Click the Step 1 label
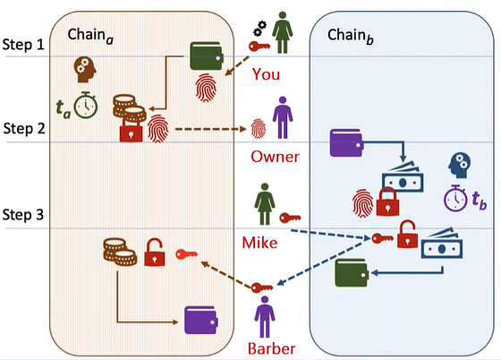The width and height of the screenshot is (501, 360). click(23, 45)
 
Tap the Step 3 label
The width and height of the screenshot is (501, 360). click(23, 215)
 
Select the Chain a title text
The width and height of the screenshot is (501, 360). click(90, 36)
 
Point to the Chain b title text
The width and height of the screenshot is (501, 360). click(351, 36)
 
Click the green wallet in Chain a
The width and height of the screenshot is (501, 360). click(207, 56)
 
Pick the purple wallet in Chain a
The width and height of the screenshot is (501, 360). click(201, 321)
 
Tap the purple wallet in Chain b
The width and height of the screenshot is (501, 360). click(346, 143)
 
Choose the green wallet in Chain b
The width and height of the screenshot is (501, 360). click(352, 273)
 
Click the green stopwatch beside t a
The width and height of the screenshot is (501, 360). click(86, 106)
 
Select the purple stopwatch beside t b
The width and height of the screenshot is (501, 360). click(456, 198)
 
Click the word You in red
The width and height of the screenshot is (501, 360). click(266, 74)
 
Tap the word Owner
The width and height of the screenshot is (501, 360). click(275, 157)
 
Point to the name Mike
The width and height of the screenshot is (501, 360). click(259, 243)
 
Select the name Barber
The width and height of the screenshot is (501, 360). click(272, 348)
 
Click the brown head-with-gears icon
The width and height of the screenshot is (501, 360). click(85, 70)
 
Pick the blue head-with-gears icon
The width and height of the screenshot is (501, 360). click(459, 166)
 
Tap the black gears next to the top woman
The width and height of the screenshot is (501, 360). click(259, 29)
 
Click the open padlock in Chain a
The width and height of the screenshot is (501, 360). click(155, 253)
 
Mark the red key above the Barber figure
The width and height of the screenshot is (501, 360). click(261, 287)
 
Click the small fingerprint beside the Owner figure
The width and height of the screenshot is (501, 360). click(259, 129)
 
